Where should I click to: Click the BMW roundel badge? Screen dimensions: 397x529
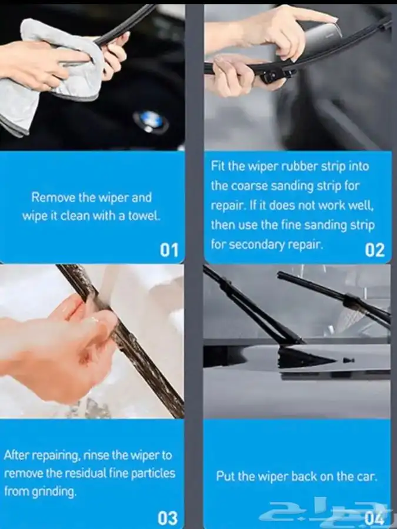click(x=151, y=122)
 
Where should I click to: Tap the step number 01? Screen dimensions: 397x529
click(x=169, y=250)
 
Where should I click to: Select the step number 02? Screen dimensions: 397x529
click(x=375, y=250)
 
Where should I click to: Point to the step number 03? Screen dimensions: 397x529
click(x=168, y=518)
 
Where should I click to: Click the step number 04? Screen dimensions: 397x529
click(x=374, y=518)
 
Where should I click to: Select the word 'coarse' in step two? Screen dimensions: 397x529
click(x=249, y=186)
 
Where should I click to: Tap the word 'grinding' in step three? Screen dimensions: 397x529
click(x=54, y=493)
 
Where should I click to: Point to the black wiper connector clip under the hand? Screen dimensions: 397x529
click(x=274, y=76)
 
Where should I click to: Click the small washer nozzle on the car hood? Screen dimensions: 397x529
click(x=348, y=361)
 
